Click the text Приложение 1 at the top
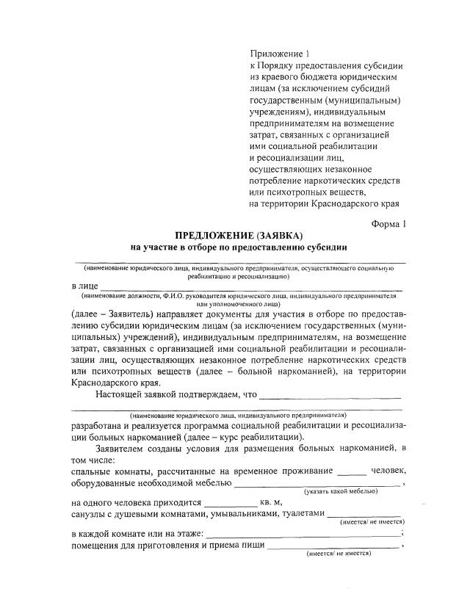coord(281,54)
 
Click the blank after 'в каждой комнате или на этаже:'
coord(305,535)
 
